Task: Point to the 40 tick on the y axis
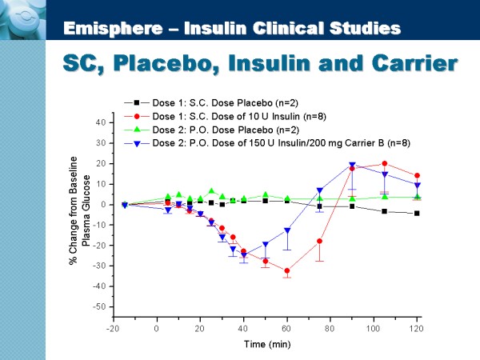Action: (100, 122)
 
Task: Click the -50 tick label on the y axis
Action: (98, 306)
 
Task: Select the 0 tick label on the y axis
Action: (103, 204)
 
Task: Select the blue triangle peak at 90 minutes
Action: (352, 166)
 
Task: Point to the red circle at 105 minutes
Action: (385, 163)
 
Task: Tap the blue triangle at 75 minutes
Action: (320, 190)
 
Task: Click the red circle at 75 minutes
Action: (320, 241)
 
